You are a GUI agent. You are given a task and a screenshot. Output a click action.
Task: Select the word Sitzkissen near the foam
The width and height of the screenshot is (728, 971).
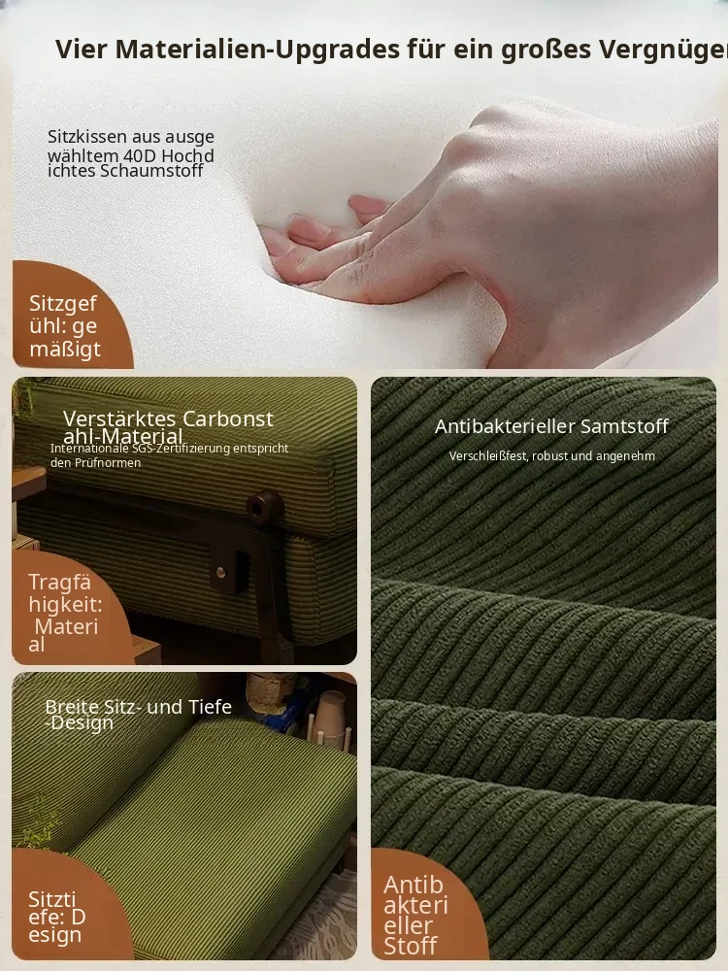pyautogui.click(x=86, y=136)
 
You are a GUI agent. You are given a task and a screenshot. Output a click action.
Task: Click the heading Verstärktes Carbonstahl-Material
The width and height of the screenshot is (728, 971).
pyautogui.click(x=167, y=426)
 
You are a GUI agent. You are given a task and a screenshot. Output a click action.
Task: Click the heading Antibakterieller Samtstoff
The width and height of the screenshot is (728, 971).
pyautogui.click(x=551, y=426)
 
